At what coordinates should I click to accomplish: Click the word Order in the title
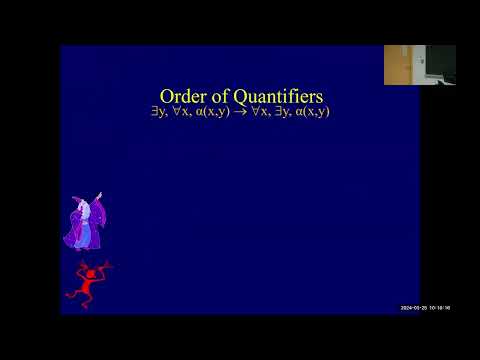[183, 96]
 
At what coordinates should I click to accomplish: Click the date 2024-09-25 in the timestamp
[415, 307]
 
